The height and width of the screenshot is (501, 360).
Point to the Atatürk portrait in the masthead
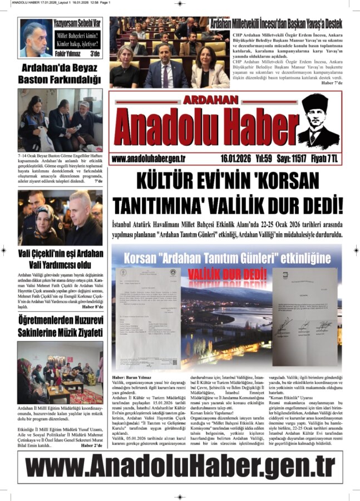pos(318,121)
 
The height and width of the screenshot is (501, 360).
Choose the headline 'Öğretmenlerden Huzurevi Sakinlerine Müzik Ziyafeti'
pos(60,326)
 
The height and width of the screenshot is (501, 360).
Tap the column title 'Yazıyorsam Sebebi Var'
pos(77,23)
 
